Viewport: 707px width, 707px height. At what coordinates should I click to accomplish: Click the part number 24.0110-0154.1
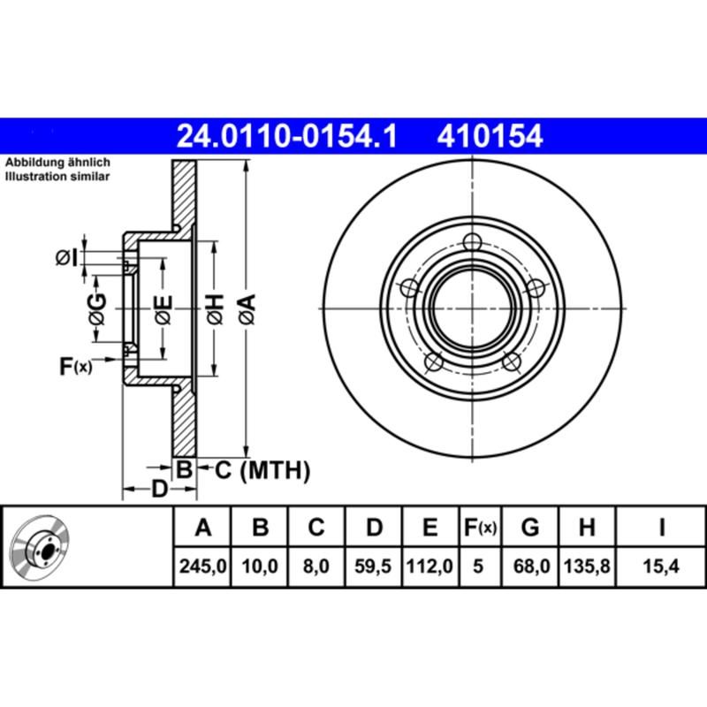click(287, 136)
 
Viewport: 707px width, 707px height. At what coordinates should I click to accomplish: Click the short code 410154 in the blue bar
click(487, 136)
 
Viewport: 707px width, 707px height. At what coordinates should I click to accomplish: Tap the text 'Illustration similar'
click(58, 177)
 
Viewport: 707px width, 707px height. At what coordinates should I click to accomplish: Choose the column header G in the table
click(530, 528)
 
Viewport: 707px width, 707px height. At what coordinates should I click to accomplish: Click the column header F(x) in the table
click(481, 528)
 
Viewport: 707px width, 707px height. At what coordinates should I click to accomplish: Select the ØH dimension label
click(215, 308)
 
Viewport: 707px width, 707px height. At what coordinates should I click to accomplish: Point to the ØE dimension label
click(163, 308)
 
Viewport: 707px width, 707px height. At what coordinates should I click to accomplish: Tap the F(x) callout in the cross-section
click(75, 365)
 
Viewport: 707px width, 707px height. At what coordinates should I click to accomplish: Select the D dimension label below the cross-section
click(158, 488)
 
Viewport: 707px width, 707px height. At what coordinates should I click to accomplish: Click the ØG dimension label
click(97, 308)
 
